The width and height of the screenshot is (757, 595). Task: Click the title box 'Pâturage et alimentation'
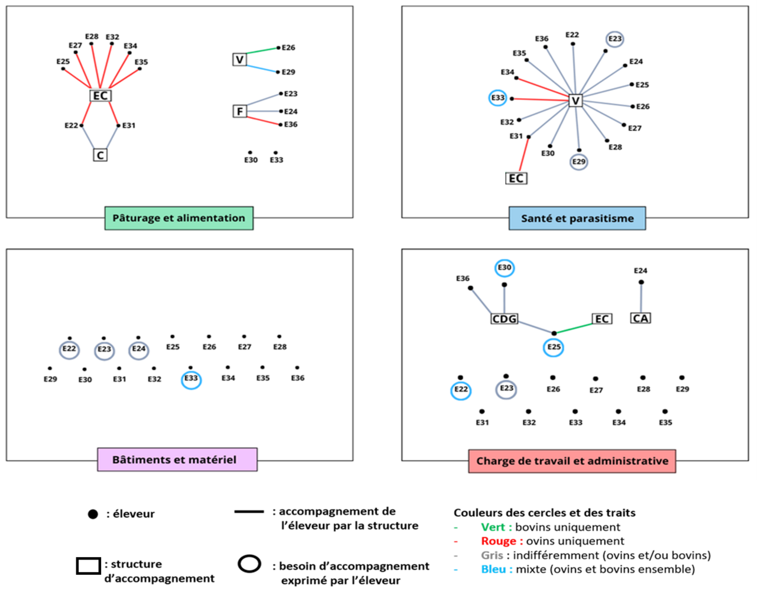coord(179,218)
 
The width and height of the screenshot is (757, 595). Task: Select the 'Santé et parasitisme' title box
coord(577,219)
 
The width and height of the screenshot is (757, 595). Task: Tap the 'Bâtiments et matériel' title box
coord(177,460)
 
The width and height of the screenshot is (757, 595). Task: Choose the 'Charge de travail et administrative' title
coord(572,461)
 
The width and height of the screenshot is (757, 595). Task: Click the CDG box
coord(504,319)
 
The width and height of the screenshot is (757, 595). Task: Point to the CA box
coord(640,319)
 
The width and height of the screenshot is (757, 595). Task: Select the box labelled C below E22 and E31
coord(101,155)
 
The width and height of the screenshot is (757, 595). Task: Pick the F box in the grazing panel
coord(240,111)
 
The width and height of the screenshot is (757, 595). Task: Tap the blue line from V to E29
coord(262,67)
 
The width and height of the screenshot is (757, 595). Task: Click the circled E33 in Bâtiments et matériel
coord(191,379)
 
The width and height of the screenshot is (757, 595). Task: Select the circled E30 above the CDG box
coord(504,268)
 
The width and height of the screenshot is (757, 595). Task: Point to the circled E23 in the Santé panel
coord(615,39)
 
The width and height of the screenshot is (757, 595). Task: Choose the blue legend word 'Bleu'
coord(494,570)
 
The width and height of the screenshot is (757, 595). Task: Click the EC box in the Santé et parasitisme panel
coord(516,178)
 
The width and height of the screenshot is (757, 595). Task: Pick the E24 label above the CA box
coord(640,271)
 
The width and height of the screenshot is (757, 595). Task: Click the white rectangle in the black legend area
coord(89,566)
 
